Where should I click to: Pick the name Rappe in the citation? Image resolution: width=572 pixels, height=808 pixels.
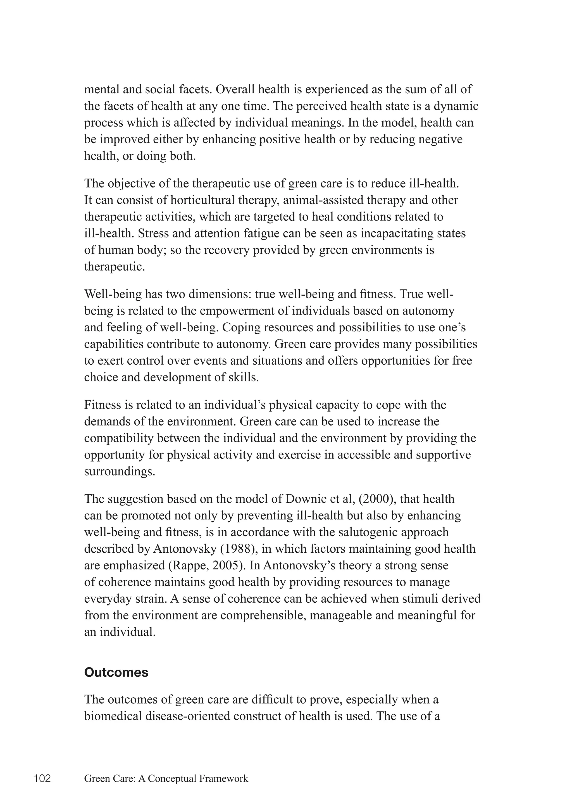pyautogui.click(x=190, y=565)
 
